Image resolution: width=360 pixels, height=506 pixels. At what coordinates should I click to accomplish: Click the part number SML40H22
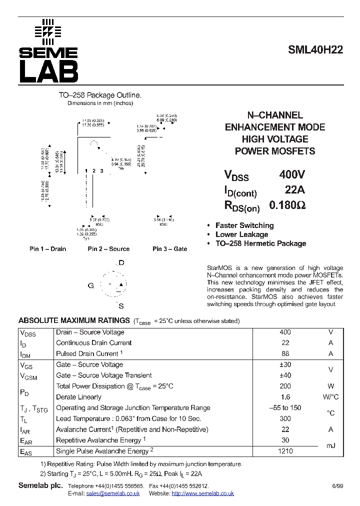click(315, 49)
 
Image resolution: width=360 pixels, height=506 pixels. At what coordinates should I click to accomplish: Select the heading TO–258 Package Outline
click(100, 95)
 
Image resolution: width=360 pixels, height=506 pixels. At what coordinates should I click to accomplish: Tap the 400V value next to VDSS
click(292, 175)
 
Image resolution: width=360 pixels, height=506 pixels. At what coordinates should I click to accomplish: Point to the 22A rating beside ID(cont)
click(294, 190)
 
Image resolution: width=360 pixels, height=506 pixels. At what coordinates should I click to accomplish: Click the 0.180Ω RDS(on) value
click(287, 205)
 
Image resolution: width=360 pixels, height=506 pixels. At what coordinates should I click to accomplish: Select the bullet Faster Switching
click(244, 225)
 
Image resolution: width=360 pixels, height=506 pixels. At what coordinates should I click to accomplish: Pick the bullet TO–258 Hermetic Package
click(260, 243)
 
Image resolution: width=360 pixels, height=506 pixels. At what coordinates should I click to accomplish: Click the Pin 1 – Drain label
click(47, 249)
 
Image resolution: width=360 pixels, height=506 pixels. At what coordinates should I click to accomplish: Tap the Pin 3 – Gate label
click(169, 249)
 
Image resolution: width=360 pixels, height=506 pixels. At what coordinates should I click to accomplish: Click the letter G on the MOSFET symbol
click(91, 285)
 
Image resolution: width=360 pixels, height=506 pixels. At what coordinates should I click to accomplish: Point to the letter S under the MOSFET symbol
click(121, 306)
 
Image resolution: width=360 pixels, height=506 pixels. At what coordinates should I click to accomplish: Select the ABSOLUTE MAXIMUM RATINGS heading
click(74, 320)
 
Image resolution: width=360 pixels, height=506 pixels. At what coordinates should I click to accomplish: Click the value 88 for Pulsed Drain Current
click(285, 353)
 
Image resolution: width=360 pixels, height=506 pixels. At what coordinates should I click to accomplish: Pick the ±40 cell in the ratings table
click(285, 375)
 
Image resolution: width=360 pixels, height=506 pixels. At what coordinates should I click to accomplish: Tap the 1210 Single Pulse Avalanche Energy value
click(285, 451)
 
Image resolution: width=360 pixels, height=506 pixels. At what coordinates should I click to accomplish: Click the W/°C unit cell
click(330, 397)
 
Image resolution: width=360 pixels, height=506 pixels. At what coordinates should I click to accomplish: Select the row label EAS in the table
click(26, 451)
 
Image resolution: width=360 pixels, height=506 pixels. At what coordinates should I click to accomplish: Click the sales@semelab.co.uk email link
click(112, 493)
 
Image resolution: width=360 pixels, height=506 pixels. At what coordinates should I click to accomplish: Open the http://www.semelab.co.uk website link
click(202, 493)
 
